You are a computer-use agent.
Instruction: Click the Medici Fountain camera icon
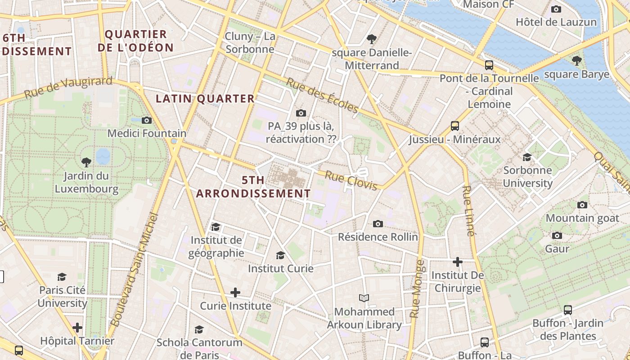pos(147,120)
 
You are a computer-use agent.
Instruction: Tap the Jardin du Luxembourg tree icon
pos(86,162)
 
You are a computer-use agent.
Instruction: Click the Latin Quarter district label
pos(205,99)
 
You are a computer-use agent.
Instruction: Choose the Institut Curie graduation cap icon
pos(280,256)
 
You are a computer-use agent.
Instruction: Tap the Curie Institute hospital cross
pos(235,293)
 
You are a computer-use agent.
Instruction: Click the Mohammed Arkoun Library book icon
pos(364,298)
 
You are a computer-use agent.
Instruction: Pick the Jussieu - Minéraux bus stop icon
pos(455,126)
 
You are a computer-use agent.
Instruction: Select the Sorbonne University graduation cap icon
pos(527,157)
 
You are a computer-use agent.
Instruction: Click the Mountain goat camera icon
pos(582,205)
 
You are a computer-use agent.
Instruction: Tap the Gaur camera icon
pos(557,236)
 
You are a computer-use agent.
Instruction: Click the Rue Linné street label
pos(468,211)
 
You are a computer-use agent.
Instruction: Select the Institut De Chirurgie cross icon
pos(458,262)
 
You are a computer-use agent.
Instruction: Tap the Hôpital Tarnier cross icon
pos(77,328)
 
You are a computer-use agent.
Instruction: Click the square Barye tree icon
pos(576,61)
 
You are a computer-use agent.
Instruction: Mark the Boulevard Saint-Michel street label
pos(135,270)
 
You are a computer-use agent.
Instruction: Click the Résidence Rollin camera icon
pos(378,224)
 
